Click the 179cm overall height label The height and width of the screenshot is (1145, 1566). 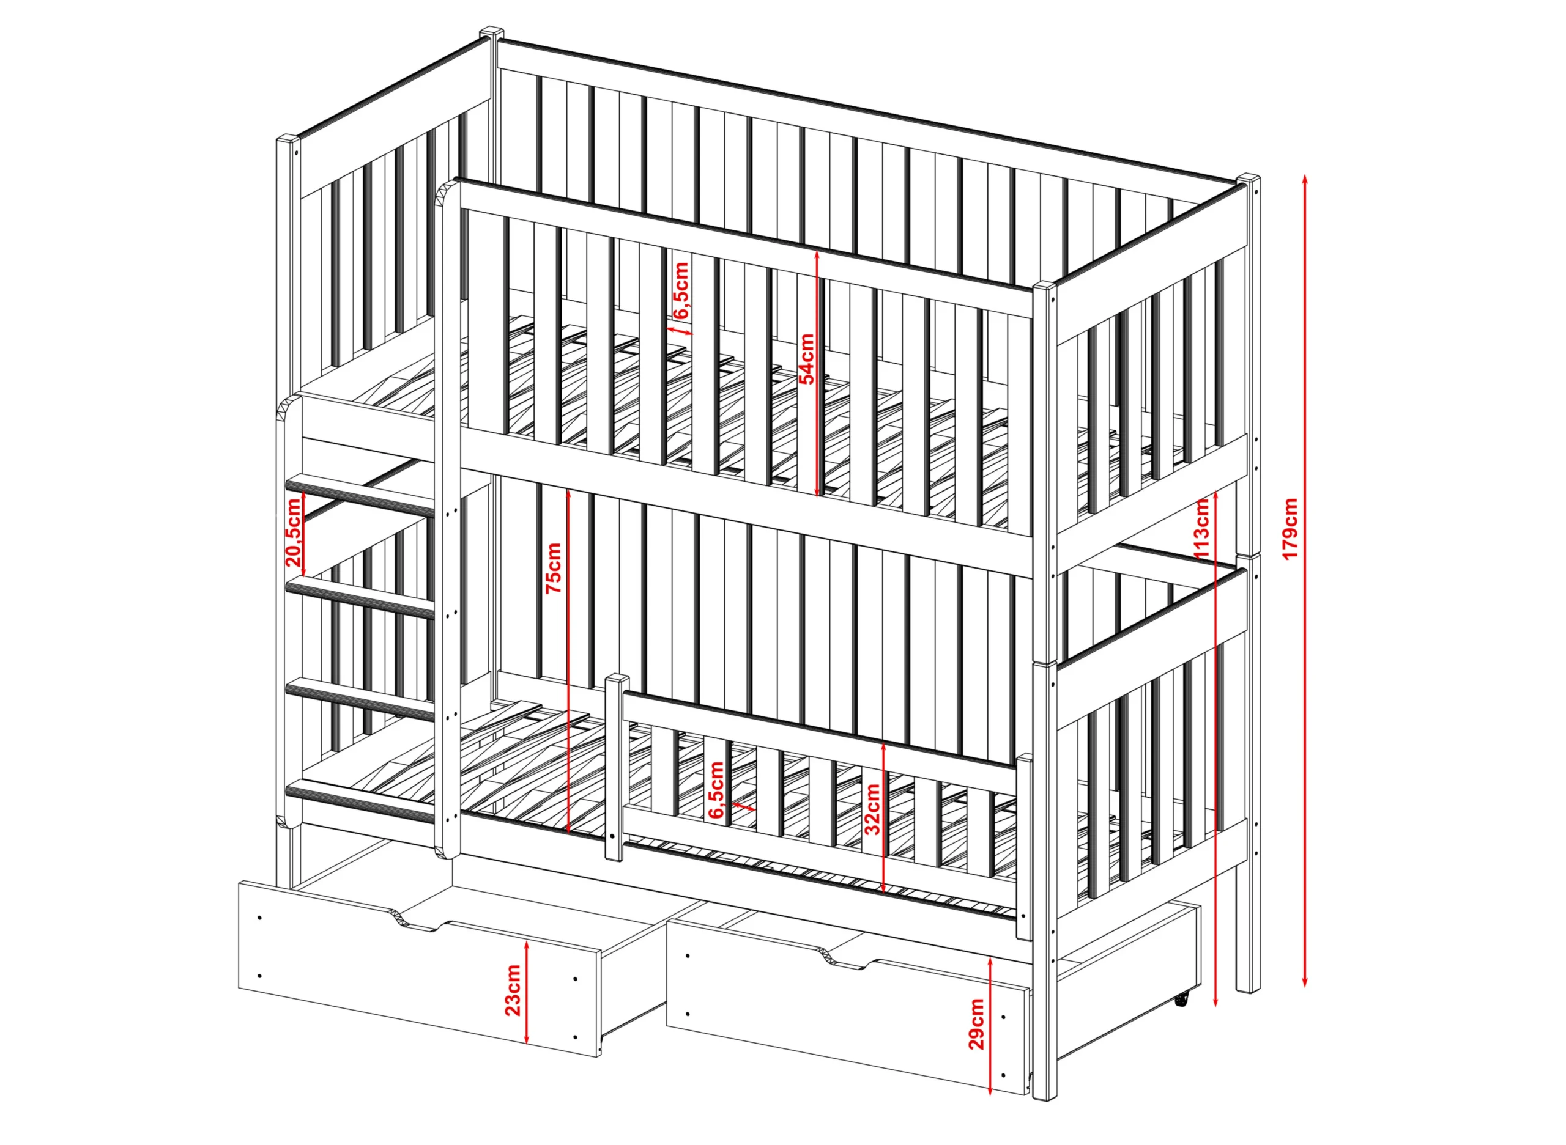pos(1290,529)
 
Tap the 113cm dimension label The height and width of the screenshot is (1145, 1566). pos(1203,528)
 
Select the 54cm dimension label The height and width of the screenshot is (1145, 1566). pos(807,358)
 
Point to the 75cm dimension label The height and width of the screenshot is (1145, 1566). pos(554,569)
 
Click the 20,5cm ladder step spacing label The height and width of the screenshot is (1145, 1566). pos(294,532)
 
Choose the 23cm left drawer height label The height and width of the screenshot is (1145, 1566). pos(513,990)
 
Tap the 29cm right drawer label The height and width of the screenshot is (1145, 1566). pos(976,1024)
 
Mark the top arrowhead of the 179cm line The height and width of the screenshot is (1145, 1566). pos(1305,179)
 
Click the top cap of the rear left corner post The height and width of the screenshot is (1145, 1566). pos(492,32)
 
